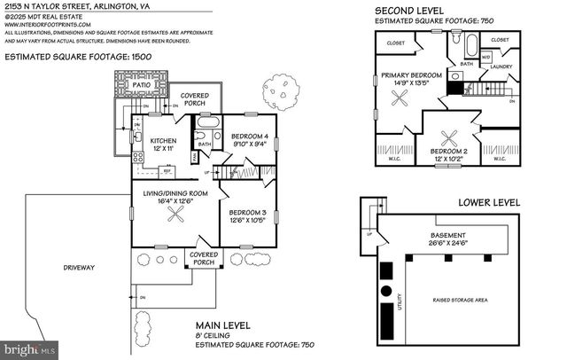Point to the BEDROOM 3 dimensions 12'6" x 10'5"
248,223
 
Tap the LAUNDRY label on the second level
501,67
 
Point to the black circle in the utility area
386,291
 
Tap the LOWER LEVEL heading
489,203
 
